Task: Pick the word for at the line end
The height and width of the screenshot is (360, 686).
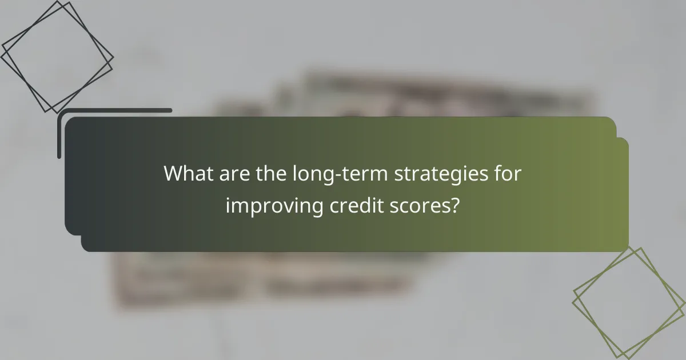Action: point(507,174)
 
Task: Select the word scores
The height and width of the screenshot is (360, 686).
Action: point(418,206)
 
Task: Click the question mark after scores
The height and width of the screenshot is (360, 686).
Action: point(454,205)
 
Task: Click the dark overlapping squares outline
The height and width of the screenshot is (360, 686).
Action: point(57,57)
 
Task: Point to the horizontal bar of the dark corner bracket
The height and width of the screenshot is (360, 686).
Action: point(114,110)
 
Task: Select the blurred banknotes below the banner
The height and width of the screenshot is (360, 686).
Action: point(257,280)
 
